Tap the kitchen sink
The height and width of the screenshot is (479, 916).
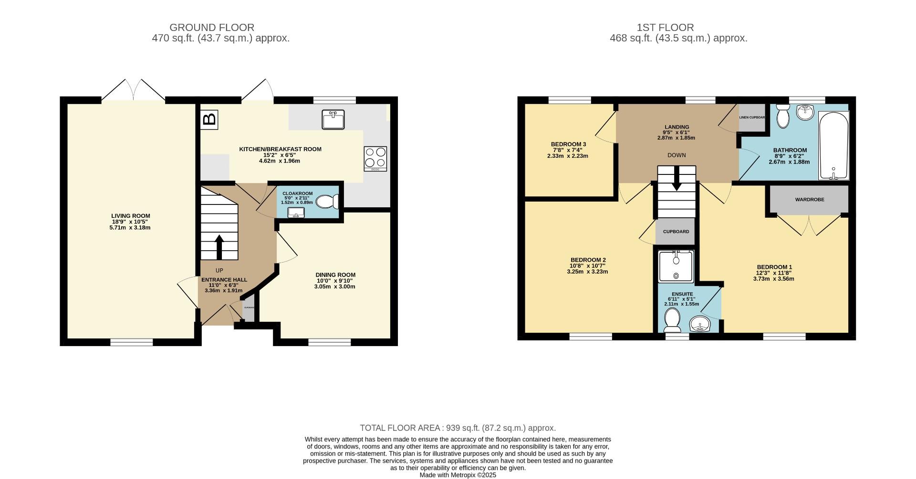pos(333,119)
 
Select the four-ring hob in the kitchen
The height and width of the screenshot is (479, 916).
pos(375,159)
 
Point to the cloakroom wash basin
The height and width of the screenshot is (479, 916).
pos(296,213)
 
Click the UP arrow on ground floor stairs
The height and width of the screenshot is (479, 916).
pos(219,246)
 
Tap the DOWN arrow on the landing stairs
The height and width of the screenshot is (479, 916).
pos(677,179)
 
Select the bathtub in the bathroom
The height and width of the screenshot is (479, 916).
pos(833,146)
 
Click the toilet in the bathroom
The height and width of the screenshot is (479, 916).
pos(782,117)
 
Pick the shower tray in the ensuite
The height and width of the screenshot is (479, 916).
pos(676,266)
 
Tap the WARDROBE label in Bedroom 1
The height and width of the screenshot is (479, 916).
pos(810,200)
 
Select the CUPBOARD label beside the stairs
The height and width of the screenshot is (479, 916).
pos(676,232)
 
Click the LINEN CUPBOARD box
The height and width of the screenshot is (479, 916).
pos(752,117)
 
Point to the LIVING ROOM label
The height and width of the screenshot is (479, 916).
pos(131,216)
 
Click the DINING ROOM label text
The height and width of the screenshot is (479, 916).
pos(335,275)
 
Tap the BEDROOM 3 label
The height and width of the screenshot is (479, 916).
pos(568,144)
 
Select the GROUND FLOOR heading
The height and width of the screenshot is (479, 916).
pos(212,28)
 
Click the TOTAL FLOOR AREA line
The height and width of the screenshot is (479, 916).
pos(458,428)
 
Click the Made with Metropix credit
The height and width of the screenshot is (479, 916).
pos(458,475)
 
